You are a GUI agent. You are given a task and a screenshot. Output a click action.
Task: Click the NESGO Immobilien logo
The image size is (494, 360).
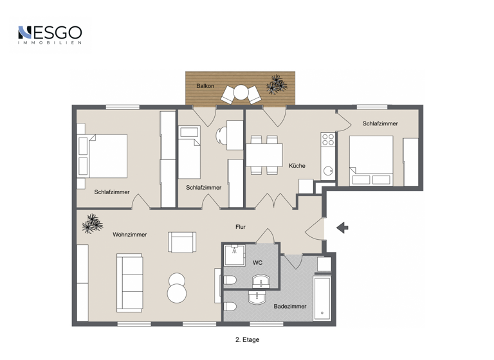(x=50, y=35)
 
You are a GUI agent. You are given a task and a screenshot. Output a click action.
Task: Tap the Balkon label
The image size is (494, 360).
(x=205, y=85)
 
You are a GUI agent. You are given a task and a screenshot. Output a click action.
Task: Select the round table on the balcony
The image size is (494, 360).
(x=241, y=93)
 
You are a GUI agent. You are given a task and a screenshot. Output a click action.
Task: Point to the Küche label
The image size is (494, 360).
(x=297, y=166)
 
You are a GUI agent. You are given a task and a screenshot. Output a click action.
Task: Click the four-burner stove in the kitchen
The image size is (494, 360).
(x=328, y=139)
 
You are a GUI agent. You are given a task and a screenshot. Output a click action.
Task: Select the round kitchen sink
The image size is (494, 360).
(x=328, y=171)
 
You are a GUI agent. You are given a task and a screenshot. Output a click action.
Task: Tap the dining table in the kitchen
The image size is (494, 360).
(x=264, y=155)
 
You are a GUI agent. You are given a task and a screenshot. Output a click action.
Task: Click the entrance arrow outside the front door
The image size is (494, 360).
(x=342, y=227)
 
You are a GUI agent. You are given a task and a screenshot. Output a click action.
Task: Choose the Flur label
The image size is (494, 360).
(x=240, y=227)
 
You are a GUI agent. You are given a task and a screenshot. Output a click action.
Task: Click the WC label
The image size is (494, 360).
(x=257, y=262)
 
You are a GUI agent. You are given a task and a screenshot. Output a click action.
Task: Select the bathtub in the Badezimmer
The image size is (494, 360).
(x=322, y=298)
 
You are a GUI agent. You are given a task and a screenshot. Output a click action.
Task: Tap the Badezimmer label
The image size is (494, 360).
(x=289, y=307)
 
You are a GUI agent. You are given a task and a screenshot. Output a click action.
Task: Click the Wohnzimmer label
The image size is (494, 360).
(x=129, y=235)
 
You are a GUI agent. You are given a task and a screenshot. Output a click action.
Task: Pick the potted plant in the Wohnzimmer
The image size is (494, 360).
(x=92, y=224)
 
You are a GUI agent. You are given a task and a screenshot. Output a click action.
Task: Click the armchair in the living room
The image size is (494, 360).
(x=181, y=242)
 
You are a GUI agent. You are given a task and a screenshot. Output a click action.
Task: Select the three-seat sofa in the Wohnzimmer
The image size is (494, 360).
(x=130, y=282)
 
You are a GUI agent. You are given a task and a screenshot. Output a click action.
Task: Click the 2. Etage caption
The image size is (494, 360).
(x=248, y=339)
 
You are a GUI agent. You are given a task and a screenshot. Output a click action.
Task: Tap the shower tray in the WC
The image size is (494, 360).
(x=234, y=255)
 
